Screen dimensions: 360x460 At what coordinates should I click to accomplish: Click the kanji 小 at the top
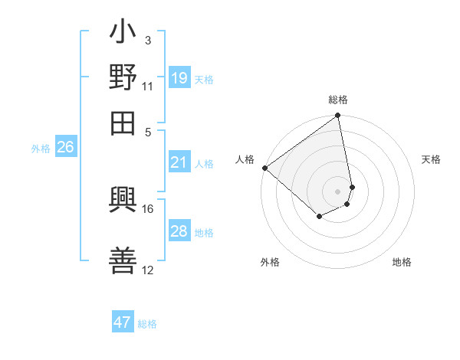tap(123, 33)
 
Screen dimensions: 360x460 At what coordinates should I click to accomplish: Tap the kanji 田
tap(123, 122)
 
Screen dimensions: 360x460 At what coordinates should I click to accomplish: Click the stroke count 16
tap(148, 208)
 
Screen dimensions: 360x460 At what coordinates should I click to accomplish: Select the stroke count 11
tap(148, 86)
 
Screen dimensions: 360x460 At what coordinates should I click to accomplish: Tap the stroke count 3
tap(148, 40)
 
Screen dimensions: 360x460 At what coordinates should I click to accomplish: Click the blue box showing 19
tap(179, 77)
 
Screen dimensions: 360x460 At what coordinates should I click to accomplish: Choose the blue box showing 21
tap(179, 162)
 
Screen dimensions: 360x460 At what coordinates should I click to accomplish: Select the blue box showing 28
tap(179, 231)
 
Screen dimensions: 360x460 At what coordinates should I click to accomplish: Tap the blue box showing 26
tap(65, 148)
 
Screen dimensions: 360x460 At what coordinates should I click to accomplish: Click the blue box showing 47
tap(123, 322)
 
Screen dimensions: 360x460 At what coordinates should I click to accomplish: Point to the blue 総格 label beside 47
tap(147, 324)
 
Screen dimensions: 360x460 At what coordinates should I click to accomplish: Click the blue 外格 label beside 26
tap(41, 149)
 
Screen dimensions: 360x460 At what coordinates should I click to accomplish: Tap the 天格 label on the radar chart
tap(431, 159)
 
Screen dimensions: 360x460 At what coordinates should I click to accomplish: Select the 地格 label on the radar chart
tap(402, 262)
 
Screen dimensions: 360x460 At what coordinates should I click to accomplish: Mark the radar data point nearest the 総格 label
tap(337, 116)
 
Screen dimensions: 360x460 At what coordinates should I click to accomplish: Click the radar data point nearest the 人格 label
tap(264, 168)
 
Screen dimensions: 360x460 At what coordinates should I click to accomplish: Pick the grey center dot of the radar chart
tap(337, 191)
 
